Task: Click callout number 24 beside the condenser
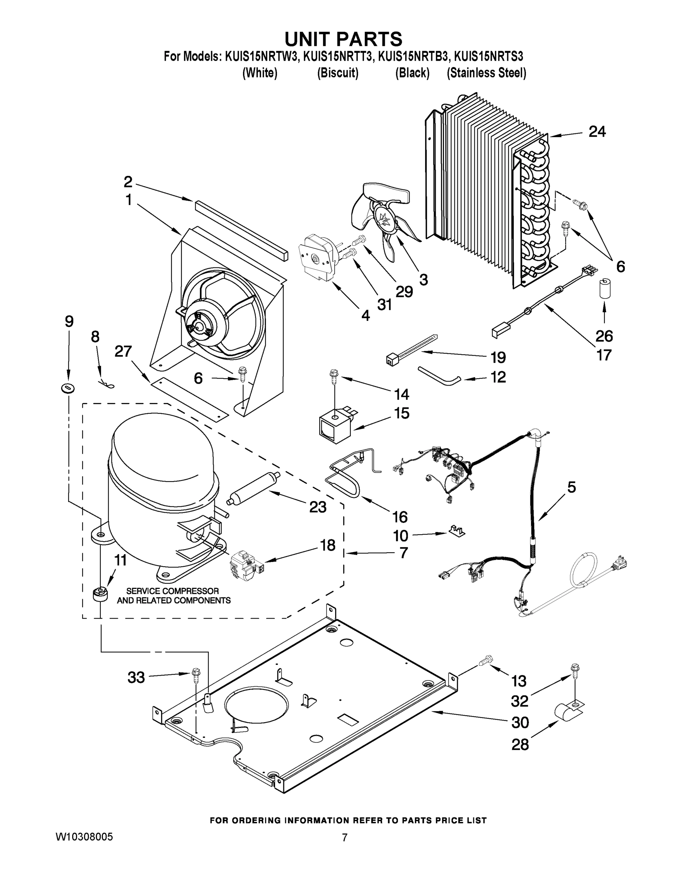pos(597,131)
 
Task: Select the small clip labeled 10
pos(457,531)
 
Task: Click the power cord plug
pos(620,564)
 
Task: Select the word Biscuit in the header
pos(338,73)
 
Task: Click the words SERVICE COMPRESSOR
pos(173,591)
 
